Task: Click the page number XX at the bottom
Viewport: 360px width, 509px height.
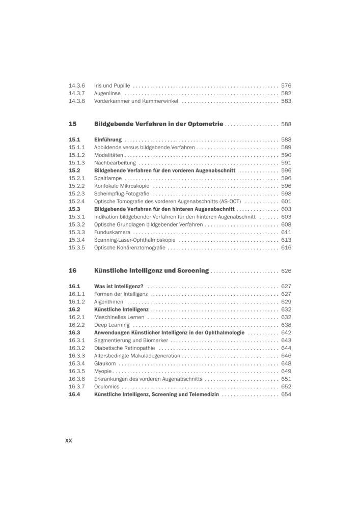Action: (x=69, y=440)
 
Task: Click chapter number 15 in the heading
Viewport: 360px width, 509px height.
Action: (x=72, y=124)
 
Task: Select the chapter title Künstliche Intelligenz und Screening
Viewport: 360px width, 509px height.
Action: (x=152, y=270)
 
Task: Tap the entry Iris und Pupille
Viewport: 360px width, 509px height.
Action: (x=112, y=86)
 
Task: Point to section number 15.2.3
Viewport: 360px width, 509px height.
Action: (x=76, y=194)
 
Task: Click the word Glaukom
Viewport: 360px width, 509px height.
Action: (x=105, y=363)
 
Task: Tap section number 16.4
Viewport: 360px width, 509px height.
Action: (x=74, y=394)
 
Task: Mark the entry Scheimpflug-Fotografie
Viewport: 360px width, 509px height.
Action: (x=122, y=194)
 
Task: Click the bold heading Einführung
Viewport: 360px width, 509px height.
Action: (x=108, y=139)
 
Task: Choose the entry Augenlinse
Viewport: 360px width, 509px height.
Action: (x=107, y=94)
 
